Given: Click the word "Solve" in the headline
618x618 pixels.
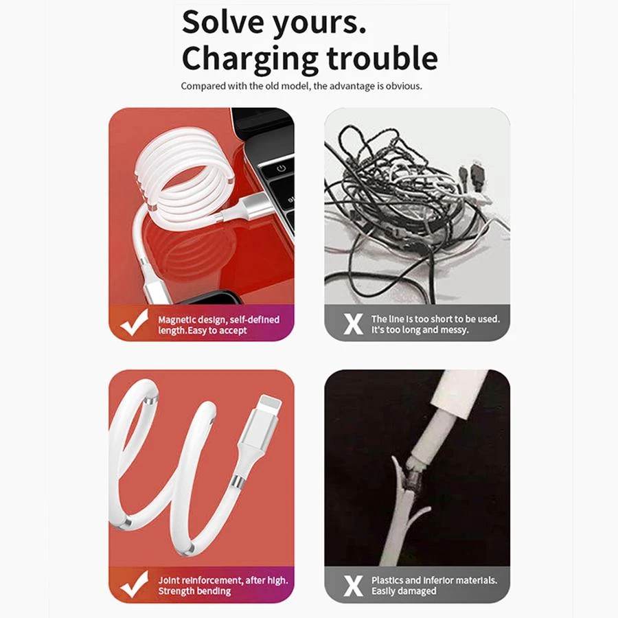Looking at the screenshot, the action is pyautogui.click(x=223, y=22).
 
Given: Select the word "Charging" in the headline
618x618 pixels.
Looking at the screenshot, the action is pyautogui.click(x=250, y=60).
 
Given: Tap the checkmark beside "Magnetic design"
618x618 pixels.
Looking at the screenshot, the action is pyautogui.click(x=135, y=323).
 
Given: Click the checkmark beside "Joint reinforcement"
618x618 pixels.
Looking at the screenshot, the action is pyautogui.click(x=135, y=584).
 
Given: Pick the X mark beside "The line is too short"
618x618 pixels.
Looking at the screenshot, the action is pyautogui.click(x=353, y=324).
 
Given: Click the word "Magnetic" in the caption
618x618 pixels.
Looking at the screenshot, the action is pyautogui.click(x=176, y=319).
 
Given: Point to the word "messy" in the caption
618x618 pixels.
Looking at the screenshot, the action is pyautogui.click(x=455, y=330).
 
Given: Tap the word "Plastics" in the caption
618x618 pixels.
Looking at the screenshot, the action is pyautogui.click(x=387, y=580).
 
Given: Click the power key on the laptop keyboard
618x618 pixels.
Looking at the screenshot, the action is pyautogui.click(x=281, y=169).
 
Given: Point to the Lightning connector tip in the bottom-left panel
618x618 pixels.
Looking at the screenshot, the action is pyautogui.click(x=270, y=403).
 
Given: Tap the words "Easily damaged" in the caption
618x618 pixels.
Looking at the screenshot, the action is pyautogui.click(x=404, y=591).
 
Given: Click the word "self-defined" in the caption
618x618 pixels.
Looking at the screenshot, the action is pyautogui.click(x=255, y=319).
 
